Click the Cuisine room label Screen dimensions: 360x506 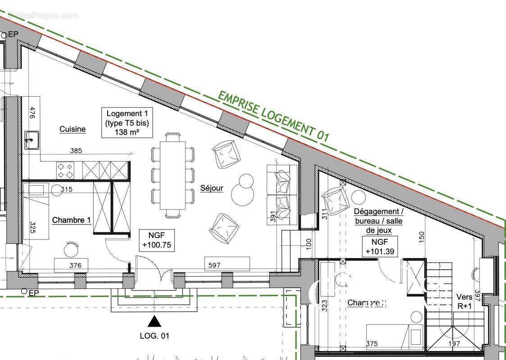pyautogui.click(x=72, y=129)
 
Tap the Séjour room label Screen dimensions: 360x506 pyautogui.click(x=212, y=188)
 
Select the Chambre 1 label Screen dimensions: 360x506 pyautogui.click(x=72, y=220)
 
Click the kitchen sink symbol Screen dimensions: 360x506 pyautogui.click(x=32, y=139)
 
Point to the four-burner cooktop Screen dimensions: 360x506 pyautogui.click(x=65, y=170)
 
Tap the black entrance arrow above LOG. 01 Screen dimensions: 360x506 pyautogui.click(x=154, y=321)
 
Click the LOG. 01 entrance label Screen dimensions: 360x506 pyautogui.click(x=154, y=336)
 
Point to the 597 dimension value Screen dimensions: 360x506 pyautogui.click(x=215, y=265)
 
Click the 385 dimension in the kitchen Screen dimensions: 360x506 pyautogui.click(x=76, y=151)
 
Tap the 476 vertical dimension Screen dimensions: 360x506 pyautogui.click(x=32, y=112)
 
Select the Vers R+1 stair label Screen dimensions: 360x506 pyautogui.click(x=464, y=301)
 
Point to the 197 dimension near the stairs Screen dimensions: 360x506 pyautogui.click(x=454, y=344)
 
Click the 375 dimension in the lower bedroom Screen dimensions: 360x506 pyautogui.click(x=372, y=344)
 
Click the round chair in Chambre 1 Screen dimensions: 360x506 pyautogui.click(x=71, y=249)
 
